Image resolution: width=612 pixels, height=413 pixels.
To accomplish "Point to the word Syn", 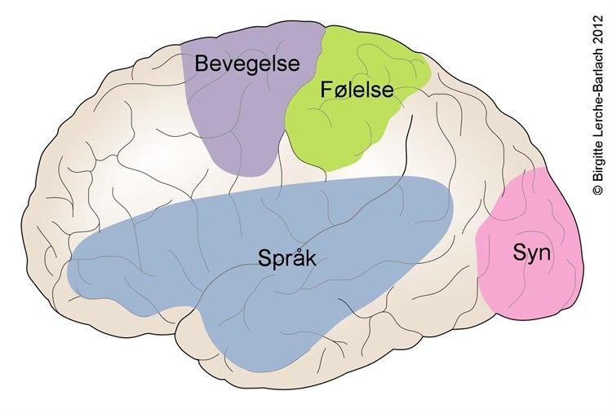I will [x=531, y=253].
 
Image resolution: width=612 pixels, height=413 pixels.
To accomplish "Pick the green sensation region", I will [x=343, y=130].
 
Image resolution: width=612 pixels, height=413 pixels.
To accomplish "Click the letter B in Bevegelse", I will [x=201, y=63].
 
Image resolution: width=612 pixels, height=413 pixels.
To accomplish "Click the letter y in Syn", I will [x=531, y=256].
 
